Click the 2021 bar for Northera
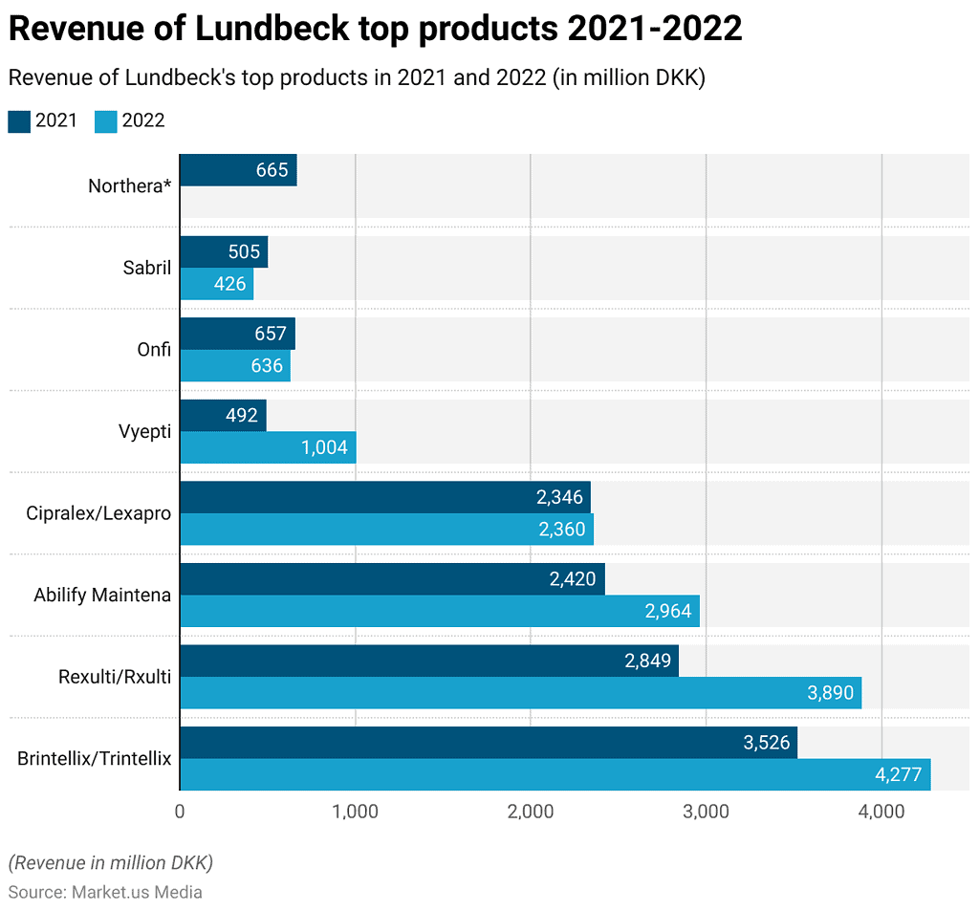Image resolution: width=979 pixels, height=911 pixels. [x=238, y=170]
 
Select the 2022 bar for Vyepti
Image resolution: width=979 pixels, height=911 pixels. [x=268, y=447]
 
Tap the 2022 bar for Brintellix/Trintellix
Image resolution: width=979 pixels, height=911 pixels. [x=555, y=774]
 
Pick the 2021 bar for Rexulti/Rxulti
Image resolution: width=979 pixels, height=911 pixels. [x=428, y=661]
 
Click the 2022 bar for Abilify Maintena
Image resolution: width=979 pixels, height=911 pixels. [x=440, y=611]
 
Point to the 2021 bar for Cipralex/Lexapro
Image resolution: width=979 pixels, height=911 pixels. [x=384, y=497]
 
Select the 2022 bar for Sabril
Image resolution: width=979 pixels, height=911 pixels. [x=216, y=284]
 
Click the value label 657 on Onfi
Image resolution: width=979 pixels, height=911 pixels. [x=272, y=335]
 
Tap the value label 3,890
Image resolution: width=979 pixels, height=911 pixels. [x=831, y=693]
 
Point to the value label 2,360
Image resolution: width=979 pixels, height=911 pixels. [x=562, y=530]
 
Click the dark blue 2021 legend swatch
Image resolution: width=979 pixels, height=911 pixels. [x=19, y=120]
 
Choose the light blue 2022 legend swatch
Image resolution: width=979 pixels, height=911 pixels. [x=105, y=120]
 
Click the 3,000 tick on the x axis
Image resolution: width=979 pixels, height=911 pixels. [x=707, y=812]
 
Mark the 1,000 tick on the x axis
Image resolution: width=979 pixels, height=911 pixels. [x=356, y=812]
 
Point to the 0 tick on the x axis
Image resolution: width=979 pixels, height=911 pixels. [x=180, y=812]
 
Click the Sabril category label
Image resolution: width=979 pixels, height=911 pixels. [x=146, y=268]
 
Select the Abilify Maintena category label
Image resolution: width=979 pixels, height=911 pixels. [x=102, y=595]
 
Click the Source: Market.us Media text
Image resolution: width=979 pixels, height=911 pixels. [x=105, y=892]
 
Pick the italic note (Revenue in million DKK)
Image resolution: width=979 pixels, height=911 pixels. [x=110, y=862]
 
